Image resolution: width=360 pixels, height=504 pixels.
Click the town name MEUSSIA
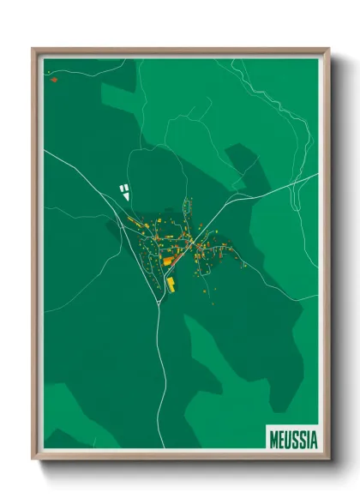pyautogui.click(x=292, y=438)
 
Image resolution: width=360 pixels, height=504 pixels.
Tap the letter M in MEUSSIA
pyautogui.click(x=273, y=438)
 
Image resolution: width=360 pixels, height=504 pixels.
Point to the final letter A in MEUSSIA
pyautogui.click(x=313, y=438)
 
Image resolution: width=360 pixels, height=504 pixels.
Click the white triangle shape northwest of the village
pyautogui.click(x=127, y=196)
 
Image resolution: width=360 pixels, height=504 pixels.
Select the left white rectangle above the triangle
pyautogui.click(x=121, y=187)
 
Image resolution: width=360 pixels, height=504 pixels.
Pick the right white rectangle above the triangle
pyautogui.click(x=127, y=187)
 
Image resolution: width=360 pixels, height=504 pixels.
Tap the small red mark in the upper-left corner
pyautogui.click(x=53, y=79)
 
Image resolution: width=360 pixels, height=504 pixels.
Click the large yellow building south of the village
pyautogui.click(x=171, y=283)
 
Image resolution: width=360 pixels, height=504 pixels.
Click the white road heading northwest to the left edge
pyautogui.click(x=69, y=168)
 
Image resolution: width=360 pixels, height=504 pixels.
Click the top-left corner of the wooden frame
pyautogui.click(x=33, y=50)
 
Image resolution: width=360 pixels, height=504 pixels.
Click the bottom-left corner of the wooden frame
pyautogui.click(x=33, y=458)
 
